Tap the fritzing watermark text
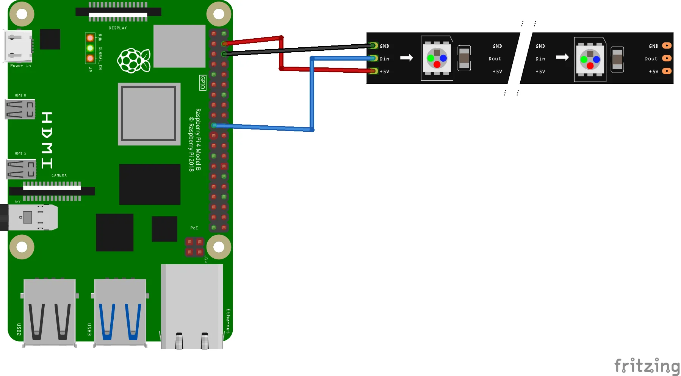click(647, 366)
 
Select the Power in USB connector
click(18, 46)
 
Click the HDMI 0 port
click(20, 109)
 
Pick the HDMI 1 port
click(21, 169)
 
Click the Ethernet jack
click(192, 307)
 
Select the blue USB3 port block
click(120, 312)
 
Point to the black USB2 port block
click(50, 312)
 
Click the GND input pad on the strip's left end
click(373, 46)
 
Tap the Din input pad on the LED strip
click(373, 58)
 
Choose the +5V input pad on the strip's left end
click(373, 71)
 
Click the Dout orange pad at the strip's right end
click(667, 58)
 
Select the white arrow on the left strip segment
click(406, 58)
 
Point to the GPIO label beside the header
click(203, 83)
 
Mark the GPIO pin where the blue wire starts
click(214, 125)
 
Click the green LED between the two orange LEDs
click(90, 48)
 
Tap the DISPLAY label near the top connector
click(118, 28)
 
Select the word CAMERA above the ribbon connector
click(59, 175)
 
